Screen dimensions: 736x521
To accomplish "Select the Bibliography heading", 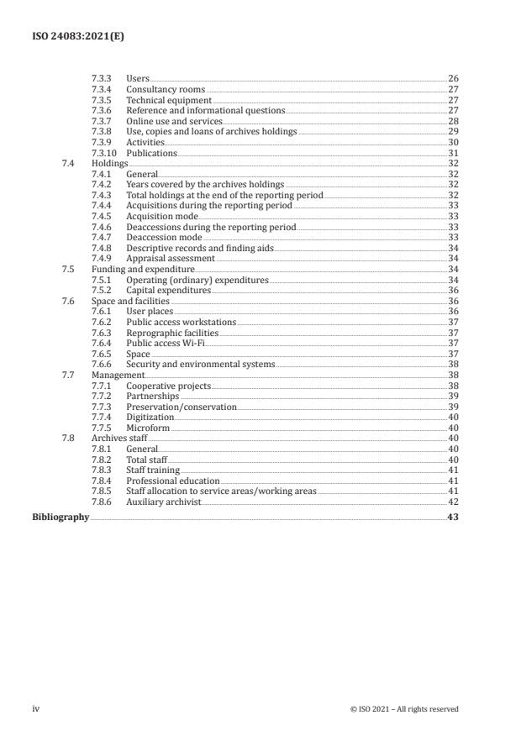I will (x=61, y=518).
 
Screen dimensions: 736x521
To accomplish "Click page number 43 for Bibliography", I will (x=453, y=518).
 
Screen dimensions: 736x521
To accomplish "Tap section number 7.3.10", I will (x=105, y=153).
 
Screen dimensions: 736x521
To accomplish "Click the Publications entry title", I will (x=151, y=153).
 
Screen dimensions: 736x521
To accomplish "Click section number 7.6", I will (x=68, y=301).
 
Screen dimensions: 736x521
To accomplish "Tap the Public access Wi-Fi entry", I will (x=166, y=343).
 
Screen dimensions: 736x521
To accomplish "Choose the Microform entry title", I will (x=147, y=428).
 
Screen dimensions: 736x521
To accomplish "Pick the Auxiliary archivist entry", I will (x=164, y=502).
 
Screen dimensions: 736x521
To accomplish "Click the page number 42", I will (x=453, y=502).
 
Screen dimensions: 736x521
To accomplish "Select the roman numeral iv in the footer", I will (x=35, y=709).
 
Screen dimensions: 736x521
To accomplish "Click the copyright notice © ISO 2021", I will (x=404, y=709).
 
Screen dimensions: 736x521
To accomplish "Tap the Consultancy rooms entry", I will (x=165, y=90).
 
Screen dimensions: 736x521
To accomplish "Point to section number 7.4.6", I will (x=102, y=227).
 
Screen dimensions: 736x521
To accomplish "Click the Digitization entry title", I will (x=150, y=417).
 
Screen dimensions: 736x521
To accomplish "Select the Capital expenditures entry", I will (x=168, y=290).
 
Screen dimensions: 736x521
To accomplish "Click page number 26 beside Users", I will (x=453, y=79).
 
